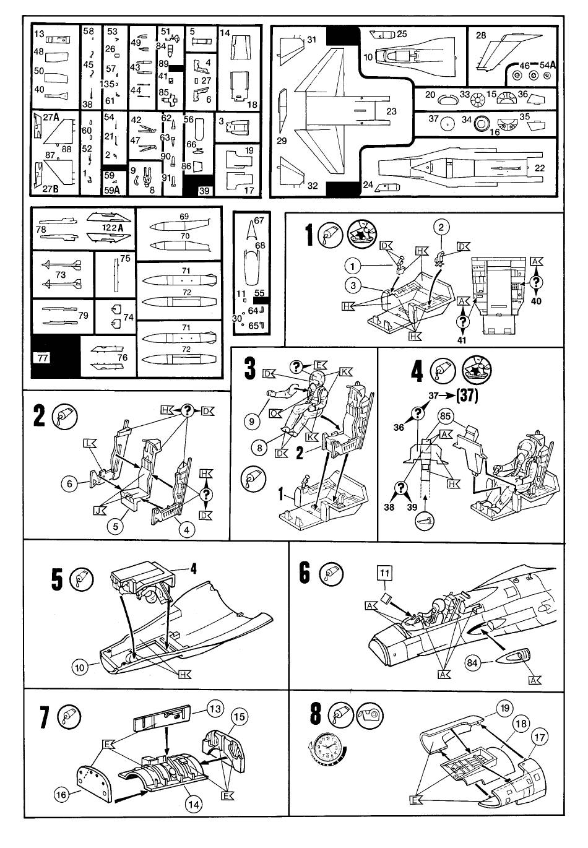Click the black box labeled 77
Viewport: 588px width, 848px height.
(x=43, y=357)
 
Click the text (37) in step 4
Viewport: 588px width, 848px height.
(x=467, y=396)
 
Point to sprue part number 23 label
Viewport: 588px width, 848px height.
(x=391, y=112)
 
